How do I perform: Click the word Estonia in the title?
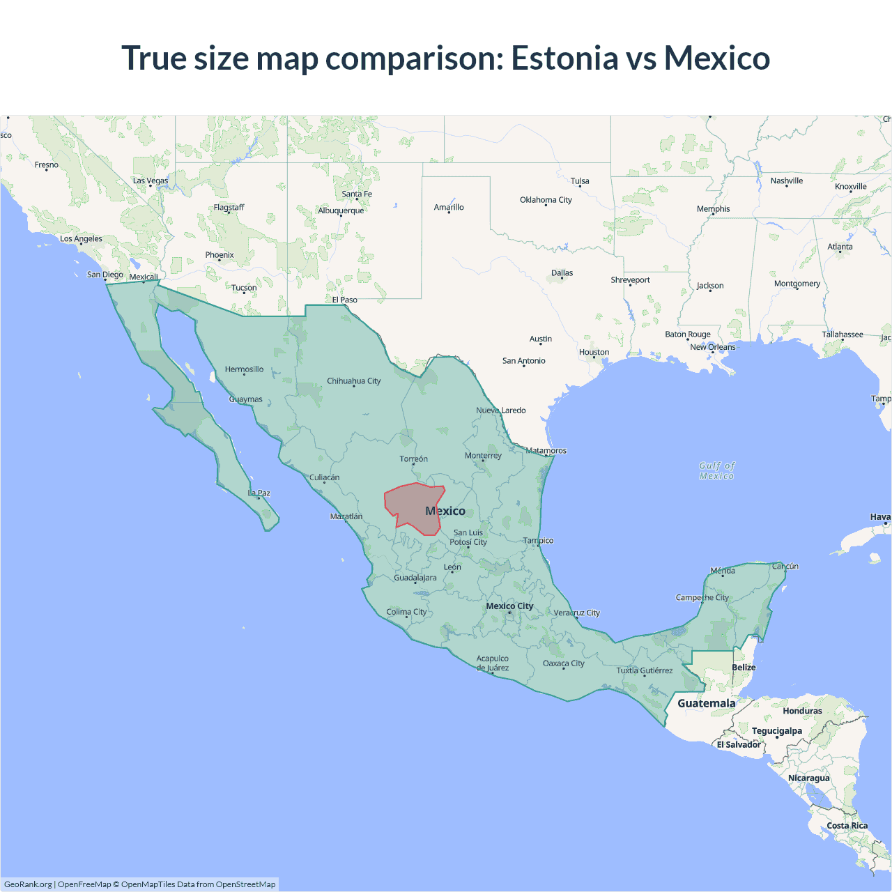(x=564, y=58)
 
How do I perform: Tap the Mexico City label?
(x=509, y=606)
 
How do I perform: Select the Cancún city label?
(x=785, y=567)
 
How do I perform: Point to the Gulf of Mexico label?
(x=717, y=471)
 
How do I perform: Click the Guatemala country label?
(x=706, y=703)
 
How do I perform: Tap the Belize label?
(x=744, y=668)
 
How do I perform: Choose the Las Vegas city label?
(x=151, y=181)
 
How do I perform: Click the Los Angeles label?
(x=81, y=239)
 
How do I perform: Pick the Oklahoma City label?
(x=546, y=200)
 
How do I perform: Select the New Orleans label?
(x=712, y=347)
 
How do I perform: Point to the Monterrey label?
(x=483, y=456)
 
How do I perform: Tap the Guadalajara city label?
(x=415, y=578)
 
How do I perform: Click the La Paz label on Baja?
(x=259, y=493)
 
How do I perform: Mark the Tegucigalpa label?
(x=776, y=731)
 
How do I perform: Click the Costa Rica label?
(x=847, y=826)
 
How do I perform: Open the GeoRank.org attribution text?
(x=28, y=884)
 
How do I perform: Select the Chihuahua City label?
(x=354, y=381)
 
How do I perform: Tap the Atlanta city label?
(x=840, y=247)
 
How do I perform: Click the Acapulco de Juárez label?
(x=493, y=663)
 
